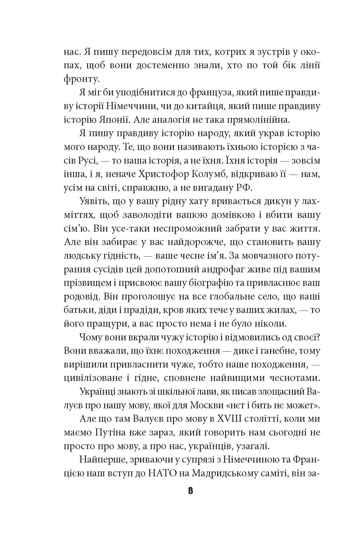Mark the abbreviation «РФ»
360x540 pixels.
coord(244,188)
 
